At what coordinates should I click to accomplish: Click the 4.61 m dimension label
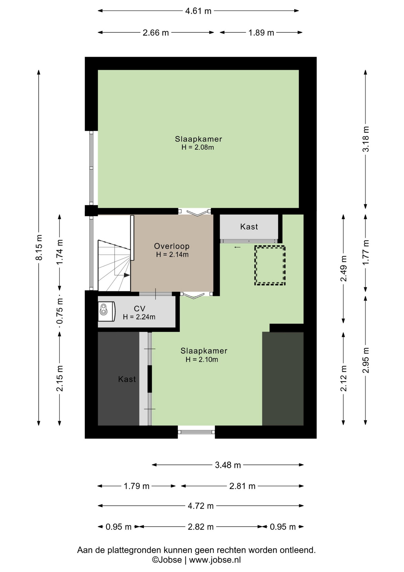pyautogui.click(x=198, y=11)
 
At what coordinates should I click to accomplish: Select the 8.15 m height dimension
pyautogui.click(x=39, y=247)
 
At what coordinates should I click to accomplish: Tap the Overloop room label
pyautogui.click(x=172, y=246)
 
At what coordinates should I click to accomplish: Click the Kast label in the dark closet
pyautogui.click(x=127, y=379)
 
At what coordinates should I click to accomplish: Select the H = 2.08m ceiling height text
pyautogui.click(x=198, y=147)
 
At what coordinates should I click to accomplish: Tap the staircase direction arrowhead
pyautogui.click(x=127, y=275)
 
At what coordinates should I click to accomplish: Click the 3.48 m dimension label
pyautogui.click(x=228, y=465)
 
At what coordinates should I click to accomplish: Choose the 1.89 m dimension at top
pyautogui.click(x=261, y=32)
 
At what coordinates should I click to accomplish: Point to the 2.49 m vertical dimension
pyautogui.click(x=344, y=268)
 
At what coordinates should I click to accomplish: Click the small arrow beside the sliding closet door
pyautogui.click(x=237, y=247)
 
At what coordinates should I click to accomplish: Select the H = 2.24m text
pyautogui.click(x=139, y=317)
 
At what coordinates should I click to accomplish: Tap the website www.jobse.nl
pyautogui.click(x=215, y=560)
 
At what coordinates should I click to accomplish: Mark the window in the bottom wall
pyautogui.click(x=196, y=432)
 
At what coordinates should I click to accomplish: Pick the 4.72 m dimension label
pyautogui.click(x=201, y=506)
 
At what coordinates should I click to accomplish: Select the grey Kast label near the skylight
pyautogui.click(x=249, y=227)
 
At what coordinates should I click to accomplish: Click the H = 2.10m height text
pyautogui.click(x=202, y=360)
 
